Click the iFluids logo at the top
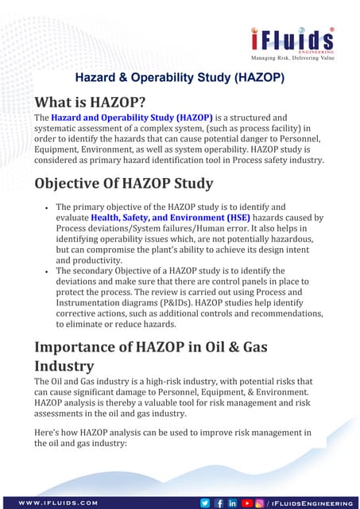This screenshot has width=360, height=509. [292, 40]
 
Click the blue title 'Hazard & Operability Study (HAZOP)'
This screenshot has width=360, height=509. [180, 79]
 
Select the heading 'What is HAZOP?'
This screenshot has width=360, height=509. [89, 103]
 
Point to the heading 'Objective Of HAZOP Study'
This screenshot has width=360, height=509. [123, 183]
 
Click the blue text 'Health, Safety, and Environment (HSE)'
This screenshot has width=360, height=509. [171, 217]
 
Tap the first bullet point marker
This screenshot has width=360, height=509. [47, 207]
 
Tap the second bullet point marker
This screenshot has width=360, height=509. [47, 271]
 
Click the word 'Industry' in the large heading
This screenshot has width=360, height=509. [64, 367]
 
